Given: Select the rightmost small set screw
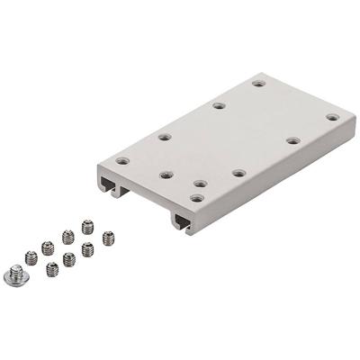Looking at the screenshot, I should coord(109,238).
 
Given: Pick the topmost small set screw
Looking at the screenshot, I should coord(87,226).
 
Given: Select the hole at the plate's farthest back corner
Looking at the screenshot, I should coord(258,84).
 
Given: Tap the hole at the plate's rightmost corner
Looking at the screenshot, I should coord(332,117).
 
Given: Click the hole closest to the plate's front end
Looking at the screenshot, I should coord(197,197).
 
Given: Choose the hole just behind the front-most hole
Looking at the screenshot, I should coord(200,184).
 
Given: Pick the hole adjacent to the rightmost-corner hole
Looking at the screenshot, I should coord(293,139).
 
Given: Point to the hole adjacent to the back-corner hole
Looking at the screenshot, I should coord(219,106).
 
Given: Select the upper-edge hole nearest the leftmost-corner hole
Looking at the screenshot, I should coord(165,137).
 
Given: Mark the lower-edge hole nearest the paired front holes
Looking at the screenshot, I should coord(239,172).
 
